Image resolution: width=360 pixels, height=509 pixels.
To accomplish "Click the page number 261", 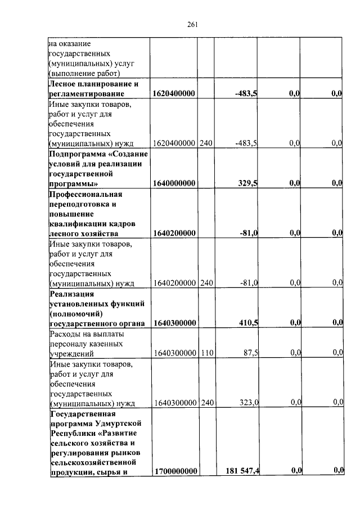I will click(191, 24).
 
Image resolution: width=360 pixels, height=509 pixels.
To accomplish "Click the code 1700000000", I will click(174, 471).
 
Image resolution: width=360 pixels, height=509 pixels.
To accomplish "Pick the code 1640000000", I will click(174, 183).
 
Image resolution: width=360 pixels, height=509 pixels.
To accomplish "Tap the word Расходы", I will click(65, 334).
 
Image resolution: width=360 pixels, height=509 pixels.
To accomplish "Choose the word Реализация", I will click(71, 294).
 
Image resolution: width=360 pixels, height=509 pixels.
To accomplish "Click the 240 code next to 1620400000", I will click(205, 143).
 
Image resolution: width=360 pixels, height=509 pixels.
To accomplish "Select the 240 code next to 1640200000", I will click(205, 283).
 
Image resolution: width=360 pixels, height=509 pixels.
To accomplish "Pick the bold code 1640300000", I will click(174, 323).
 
